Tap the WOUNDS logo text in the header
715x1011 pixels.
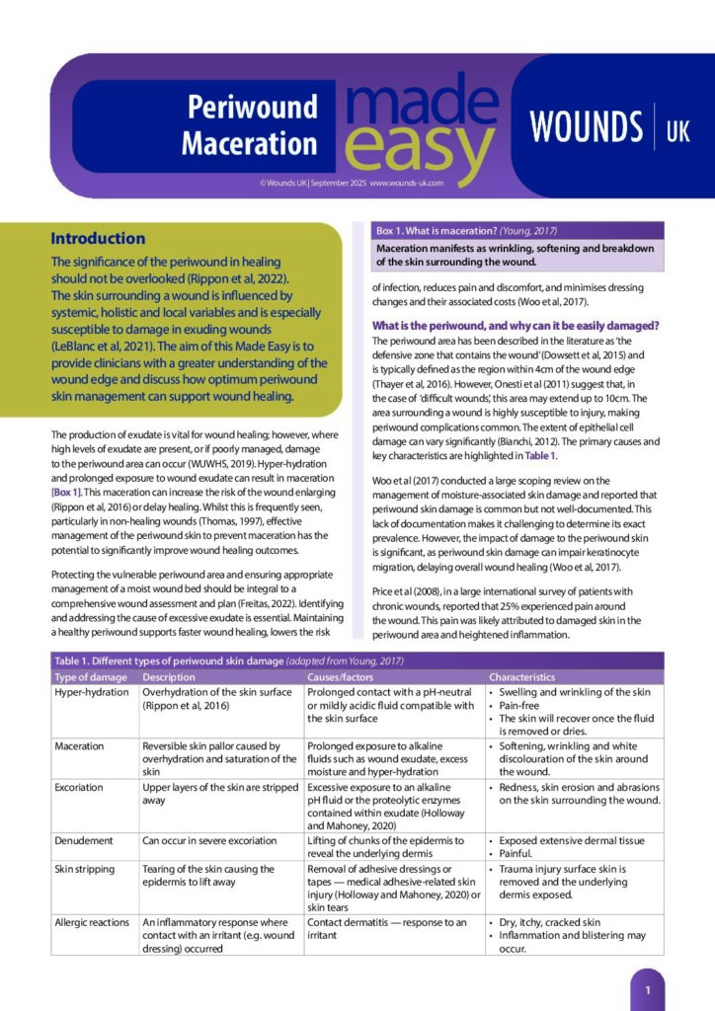[x=586, y=127]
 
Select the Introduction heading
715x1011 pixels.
[x=98, y=238]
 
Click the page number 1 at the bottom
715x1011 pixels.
[x=647, y=988]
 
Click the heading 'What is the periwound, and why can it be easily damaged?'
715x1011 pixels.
[x=516, y=325]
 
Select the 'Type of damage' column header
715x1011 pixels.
[x=92, y=677]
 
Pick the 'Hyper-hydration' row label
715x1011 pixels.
[x=94, y=692]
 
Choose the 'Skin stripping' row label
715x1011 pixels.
[x=88, y=868]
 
